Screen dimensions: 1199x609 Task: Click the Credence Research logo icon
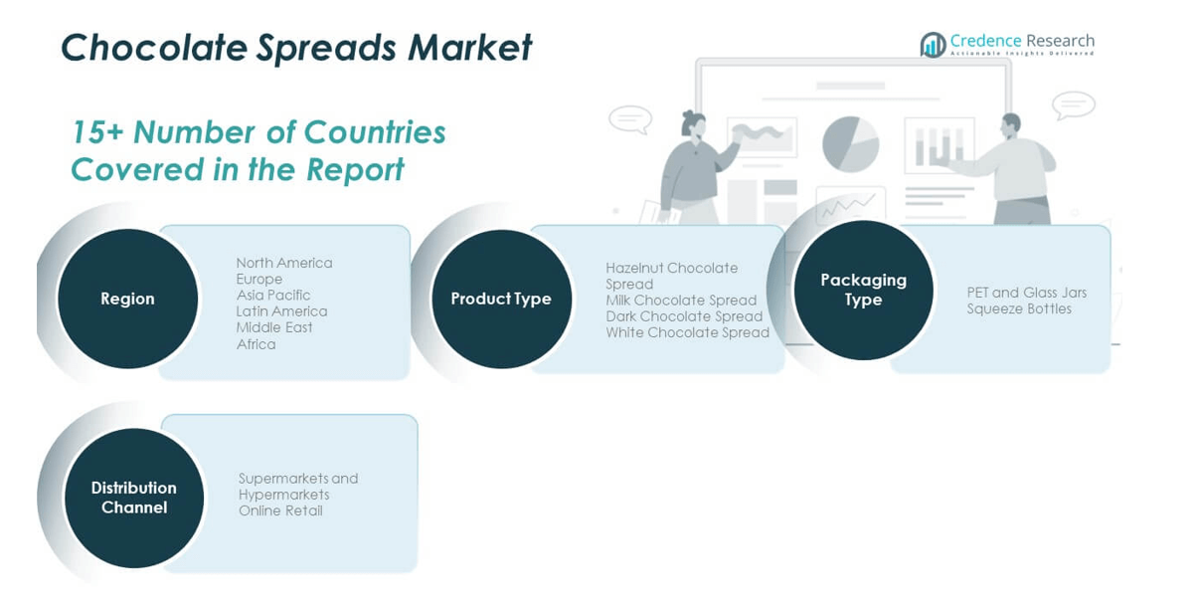tap(933, 45)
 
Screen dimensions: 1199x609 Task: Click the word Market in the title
tap(469, 47)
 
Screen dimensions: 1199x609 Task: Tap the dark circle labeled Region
tap(127, 299)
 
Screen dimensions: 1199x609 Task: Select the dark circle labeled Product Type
tap(501, 299)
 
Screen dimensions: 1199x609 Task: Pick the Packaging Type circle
tap(863, 290)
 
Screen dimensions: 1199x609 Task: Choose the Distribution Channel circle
tap(134, 498)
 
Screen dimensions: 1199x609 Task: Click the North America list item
tap(284, 263)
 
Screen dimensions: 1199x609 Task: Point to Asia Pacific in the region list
tap(273, 296)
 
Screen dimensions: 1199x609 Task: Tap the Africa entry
tap(256, 344)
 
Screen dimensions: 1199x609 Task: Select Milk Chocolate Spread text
tap(681, 300)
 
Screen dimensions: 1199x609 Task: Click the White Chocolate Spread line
tap(687, 332)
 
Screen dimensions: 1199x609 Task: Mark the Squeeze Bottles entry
tap(1019, 309)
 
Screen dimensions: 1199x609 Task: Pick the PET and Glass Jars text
tap(1027, 293)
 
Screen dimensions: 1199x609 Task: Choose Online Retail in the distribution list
tap(280, 510)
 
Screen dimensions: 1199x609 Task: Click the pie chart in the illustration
tap(851, 144)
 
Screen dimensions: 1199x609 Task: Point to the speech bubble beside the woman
tap(630, 118)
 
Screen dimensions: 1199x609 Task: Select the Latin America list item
tap(281, 311)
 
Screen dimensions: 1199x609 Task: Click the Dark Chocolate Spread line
tap(684, 316)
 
